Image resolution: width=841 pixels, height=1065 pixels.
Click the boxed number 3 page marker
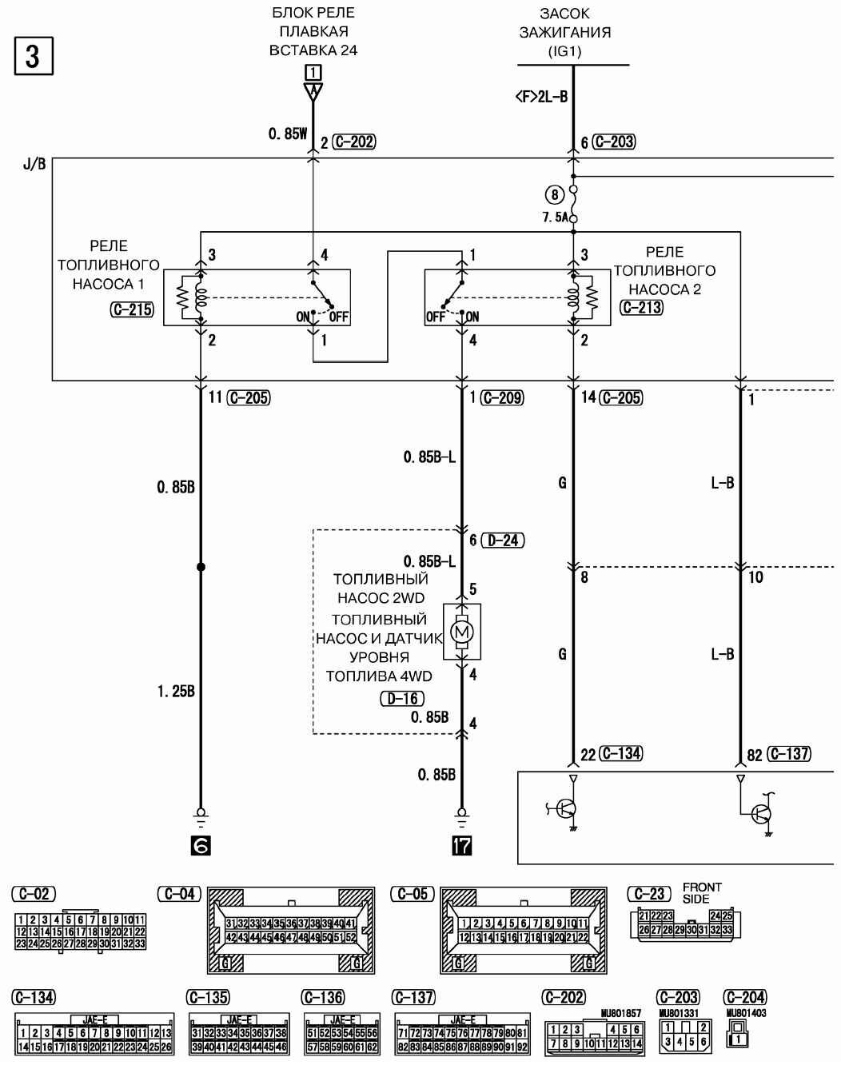coord(34,56)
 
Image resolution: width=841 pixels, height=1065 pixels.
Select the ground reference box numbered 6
coord(201,845)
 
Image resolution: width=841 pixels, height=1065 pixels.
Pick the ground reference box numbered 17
coord(461,845)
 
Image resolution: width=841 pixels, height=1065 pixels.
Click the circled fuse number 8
coord(555,193)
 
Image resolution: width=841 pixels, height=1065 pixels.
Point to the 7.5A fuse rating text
coord(554,217)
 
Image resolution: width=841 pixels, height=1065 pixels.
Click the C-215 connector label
coord(132,309)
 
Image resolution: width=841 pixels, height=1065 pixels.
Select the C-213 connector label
coord(642,306)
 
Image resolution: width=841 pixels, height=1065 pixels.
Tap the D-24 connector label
coord(504,540)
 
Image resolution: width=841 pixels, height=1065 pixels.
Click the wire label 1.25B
coord(176,692)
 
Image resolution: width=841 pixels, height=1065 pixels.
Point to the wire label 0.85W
coord(288,134)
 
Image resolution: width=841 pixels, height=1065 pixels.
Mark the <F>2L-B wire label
coord(541,98)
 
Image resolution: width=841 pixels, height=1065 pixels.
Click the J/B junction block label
coord(34,165)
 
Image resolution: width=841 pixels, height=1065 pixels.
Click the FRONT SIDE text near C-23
coord(701,893)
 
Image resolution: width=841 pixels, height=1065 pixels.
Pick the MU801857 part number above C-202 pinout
coord(620,1014)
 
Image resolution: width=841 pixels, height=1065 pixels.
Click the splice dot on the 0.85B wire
coord(201,567)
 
